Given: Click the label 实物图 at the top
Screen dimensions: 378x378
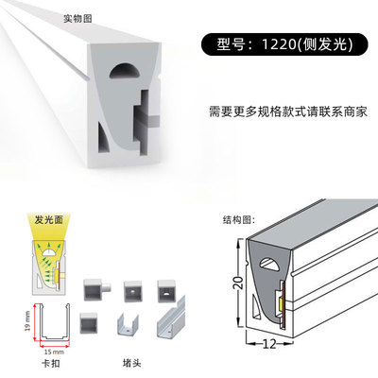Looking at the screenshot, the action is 77,19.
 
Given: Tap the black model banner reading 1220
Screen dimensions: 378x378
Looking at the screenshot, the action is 284,44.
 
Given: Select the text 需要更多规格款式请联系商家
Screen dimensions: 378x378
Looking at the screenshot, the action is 288,112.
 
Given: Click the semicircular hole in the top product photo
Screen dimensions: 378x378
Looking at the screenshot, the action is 124,71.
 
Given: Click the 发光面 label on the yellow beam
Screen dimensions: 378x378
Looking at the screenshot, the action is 49,220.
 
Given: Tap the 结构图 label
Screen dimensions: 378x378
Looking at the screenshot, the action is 238,219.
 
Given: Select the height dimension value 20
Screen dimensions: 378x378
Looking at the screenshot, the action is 239,283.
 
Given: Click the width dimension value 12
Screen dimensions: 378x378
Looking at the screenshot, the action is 269,344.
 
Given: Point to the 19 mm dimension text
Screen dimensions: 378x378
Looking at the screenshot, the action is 27,321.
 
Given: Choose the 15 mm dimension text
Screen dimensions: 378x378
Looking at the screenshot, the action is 54,352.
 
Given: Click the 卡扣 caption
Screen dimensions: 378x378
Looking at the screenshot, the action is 51,363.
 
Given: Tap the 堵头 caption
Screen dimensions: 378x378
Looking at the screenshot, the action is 131,363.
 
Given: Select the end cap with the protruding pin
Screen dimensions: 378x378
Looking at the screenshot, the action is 96,289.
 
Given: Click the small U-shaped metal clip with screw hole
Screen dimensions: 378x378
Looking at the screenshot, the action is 129,324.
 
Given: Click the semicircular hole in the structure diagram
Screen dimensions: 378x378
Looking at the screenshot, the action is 269,265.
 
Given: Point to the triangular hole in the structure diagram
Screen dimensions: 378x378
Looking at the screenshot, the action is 256,307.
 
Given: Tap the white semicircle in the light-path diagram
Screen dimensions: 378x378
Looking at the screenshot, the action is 49,251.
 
